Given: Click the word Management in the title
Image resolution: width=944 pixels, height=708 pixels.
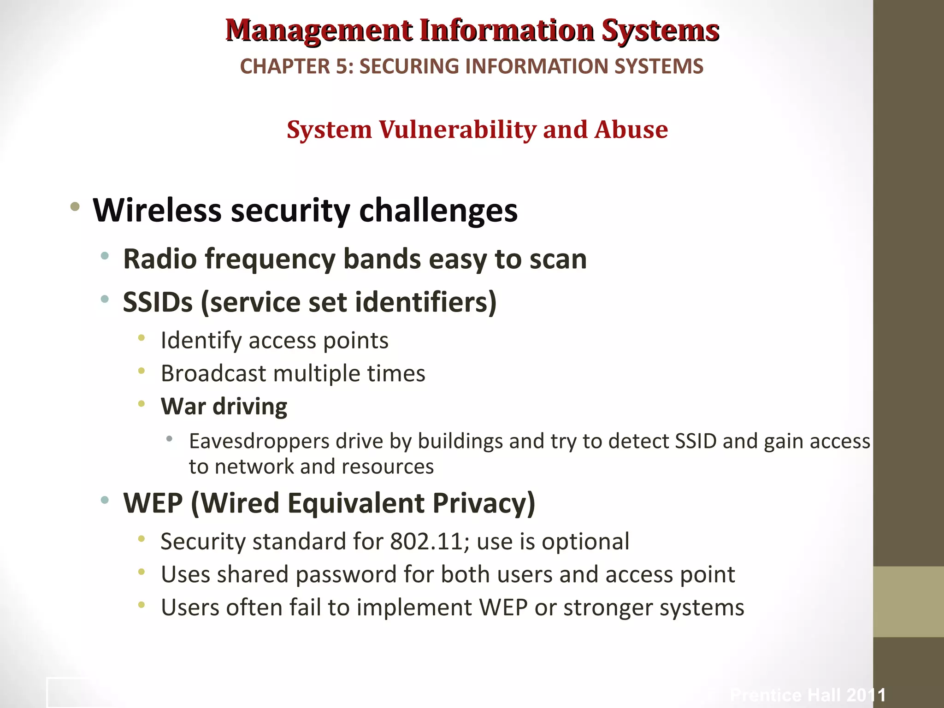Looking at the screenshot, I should (x=319, y=30).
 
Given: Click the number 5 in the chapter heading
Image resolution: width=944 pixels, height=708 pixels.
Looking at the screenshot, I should (x=342, y=66).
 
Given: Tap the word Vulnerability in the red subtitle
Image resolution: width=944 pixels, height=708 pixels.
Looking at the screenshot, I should (x=457, y=130).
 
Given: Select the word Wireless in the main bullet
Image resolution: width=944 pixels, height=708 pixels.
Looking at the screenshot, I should (x=157, y=210).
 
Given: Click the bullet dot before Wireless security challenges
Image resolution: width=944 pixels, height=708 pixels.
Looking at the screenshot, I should (x=75, y=207).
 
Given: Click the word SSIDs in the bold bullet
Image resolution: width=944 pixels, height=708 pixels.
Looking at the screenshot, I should (x=158, y=302).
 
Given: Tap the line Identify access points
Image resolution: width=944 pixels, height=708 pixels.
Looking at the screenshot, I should (x=274, y=341).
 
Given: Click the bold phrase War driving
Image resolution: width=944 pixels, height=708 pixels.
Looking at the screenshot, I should (x=224, y=407).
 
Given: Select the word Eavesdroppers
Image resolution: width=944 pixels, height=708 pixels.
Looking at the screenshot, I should (x=259, y=441).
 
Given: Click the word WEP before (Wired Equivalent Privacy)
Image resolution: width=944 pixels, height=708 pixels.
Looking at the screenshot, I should (x=153, y=503).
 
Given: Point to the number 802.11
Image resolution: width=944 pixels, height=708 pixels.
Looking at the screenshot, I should (x=426, y=542).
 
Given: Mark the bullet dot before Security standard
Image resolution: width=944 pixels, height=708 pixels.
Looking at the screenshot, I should (x=142, y=538).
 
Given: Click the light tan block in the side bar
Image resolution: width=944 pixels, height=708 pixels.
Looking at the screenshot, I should (x=908, y=602).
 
